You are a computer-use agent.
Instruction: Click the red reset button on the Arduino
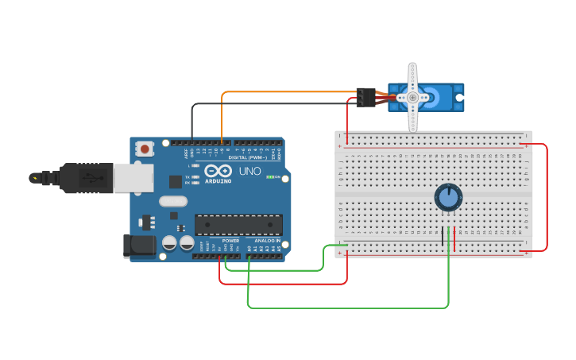click(x=145, y=148)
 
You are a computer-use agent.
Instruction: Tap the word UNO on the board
click(x=250, y=171)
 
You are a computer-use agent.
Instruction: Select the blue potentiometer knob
click(x=448, y=197)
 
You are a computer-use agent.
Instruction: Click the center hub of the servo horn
click(x=412, y=97)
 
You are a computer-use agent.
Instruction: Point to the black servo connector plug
click(x=365, y=97)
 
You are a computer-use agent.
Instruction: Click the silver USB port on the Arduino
click(x=133, y=178)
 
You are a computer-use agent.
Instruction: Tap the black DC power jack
click(x=139, y=246)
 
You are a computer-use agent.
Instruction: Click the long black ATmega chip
click(x=238, y=224)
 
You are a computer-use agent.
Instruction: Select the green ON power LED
click(x=270, y=176)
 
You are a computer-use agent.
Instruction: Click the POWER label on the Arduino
click(x=230, y=241)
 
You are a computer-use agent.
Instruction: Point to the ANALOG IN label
click(x=267, y=241)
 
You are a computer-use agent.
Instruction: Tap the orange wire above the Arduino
click(x=286, y=91)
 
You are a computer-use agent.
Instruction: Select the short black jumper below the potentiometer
click(x=443, y=236)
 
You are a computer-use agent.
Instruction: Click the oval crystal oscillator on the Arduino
click(x=172, y=201)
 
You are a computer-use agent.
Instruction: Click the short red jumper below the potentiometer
click(x=454, y=236)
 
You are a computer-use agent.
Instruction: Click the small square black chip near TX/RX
click(x=175, y=182)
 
